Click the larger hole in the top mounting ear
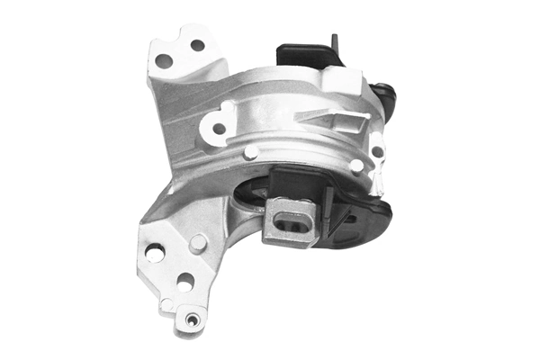point(164,61)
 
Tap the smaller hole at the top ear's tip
point(197,45)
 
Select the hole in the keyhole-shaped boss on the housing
point(219,128)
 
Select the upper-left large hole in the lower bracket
point(155,254)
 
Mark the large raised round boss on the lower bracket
point(198,242)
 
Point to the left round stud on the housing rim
point(251,152)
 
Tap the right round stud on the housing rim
point(357,166)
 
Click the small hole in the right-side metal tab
point(378,152)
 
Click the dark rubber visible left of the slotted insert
point(254,193)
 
